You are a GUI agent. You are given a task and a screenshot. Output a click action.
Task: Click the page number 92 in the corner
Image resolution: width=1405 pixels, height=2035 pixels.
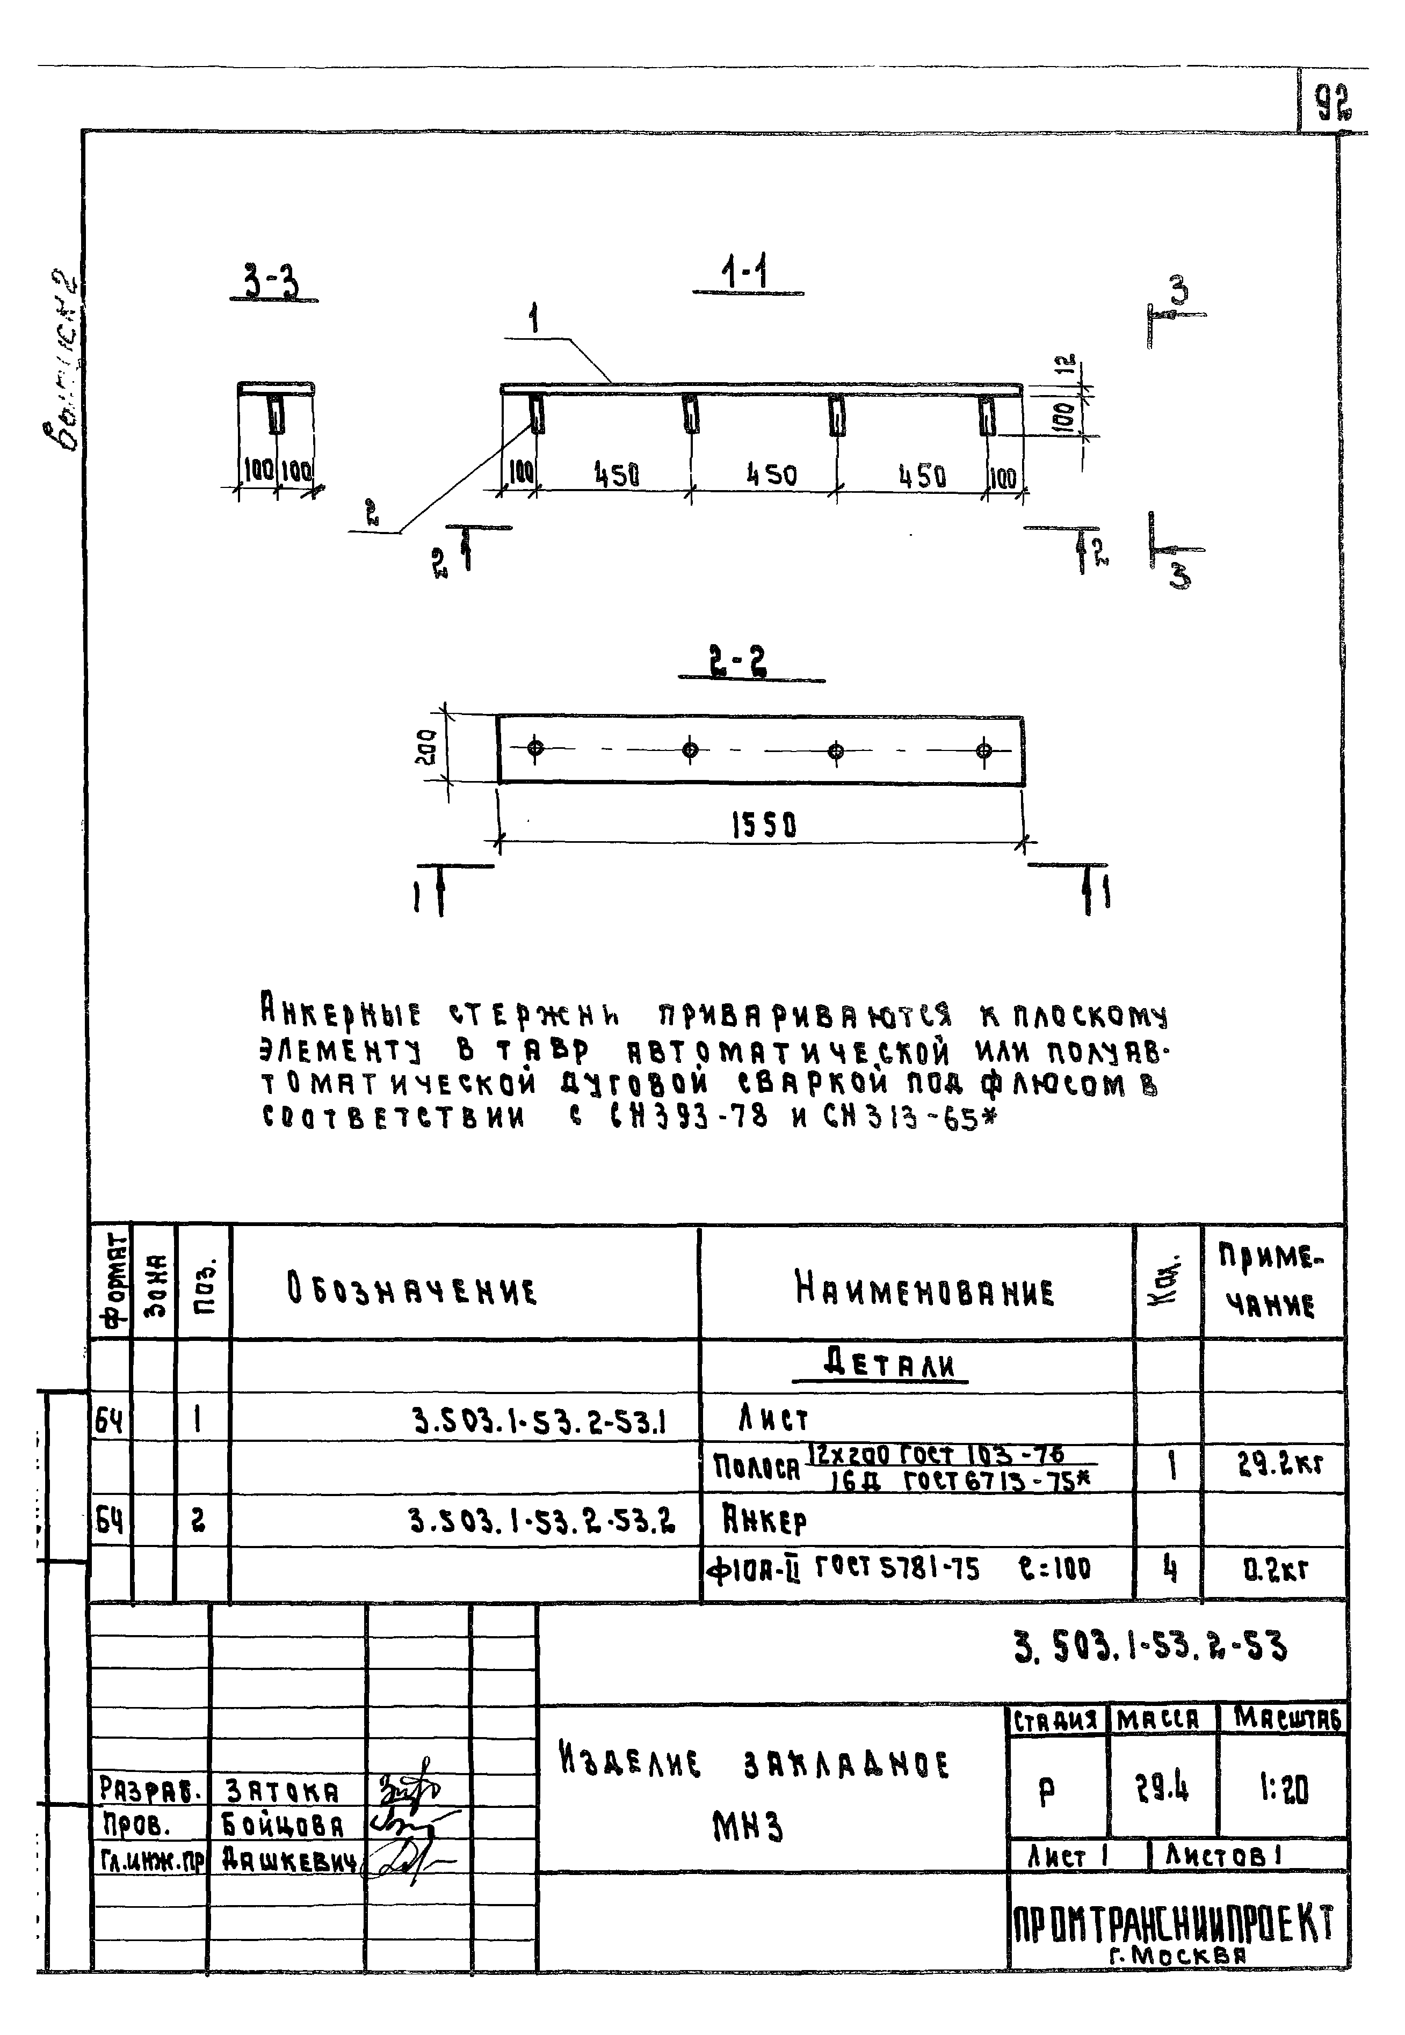click(x=1334, y=103)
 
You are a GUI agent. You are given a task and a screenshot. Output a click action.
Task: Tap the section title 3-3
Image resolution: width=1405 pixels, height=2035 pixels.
click(x=271, y=284)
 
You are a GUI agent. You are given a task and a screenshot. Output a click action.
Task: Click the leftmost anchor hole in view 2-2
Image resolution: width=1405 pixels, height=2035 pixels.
click(x=535, y=749)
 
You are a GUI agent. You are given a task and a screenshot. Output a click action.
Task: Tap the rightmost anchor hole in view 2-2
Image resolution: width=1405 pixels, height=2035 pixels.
click(x=984, y=750)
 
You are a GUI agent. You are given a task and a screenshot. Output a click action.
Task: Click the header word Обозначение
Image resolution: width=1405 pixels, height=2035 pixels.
click(x=411, y=1290)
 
